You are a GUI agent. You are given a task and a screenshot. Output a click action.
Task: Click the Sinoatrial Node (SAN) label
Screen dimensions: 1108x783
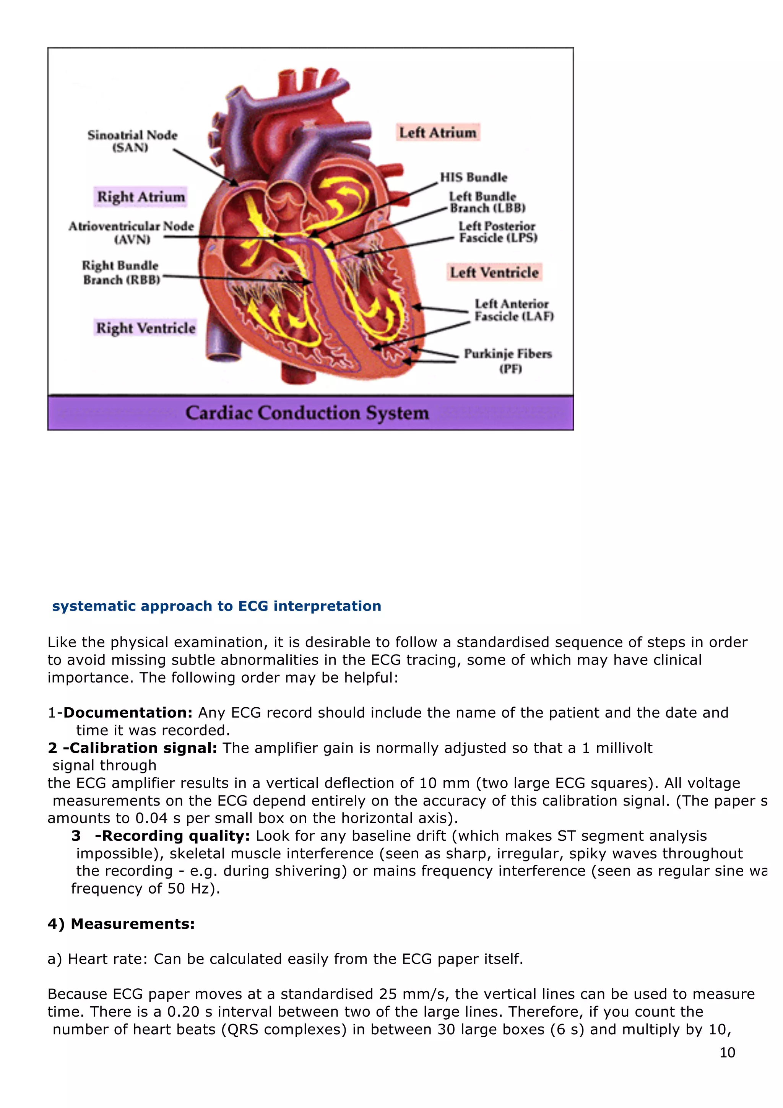point(132,141)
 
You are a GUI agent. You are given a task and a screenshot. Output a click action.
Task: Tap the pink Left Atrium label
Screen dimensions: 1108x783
point(438,132)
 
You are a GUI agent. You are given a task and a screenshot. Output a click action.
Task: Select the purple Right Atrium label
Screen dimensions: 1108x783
point(140,197)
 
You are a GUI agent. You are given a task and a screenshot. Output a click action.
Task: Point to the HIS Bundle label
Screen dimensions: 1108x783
point(473,177)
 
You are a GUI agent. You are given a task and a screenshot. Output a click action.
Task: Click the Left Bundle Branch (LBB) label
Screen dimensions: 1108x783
point(486,202)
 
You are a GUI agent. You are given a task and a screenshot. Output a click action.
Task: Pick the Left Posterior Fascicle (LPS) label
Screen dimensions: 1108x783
point(497,232)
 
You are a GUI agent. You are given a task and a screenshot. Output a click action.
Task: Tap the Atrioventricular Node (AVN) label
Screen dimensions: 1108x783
point(131,232)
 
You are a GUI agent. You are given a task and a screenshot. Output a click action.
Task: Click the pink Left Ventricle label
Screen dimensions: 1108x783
point(494,272)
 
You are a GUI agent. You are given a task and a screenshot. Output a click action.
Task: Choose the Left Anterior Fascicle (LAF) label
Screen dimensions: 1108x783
point(513,310)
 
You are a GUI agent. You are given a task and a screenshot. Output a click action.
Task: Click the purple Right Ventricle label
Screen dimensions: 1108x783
point(145,328)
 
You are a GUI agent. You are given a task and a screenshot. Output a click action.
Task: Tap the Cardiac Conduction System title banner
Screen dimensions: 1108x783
point(307,413)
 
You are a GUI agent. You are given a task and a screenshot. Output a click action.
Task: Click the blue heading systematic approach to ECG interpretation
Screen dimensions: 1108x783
point(217,606)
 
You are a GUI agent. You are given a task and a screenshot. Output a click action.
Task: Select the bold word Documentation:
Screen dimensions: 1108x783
point(128,712)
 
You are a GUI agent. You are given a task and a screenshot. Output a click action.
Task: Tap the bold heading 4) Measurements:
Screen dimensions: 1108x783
point(121,923)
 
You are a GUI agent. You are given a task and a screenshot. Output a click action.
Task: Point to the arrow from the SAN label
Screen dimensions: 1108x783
point(205,167)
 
